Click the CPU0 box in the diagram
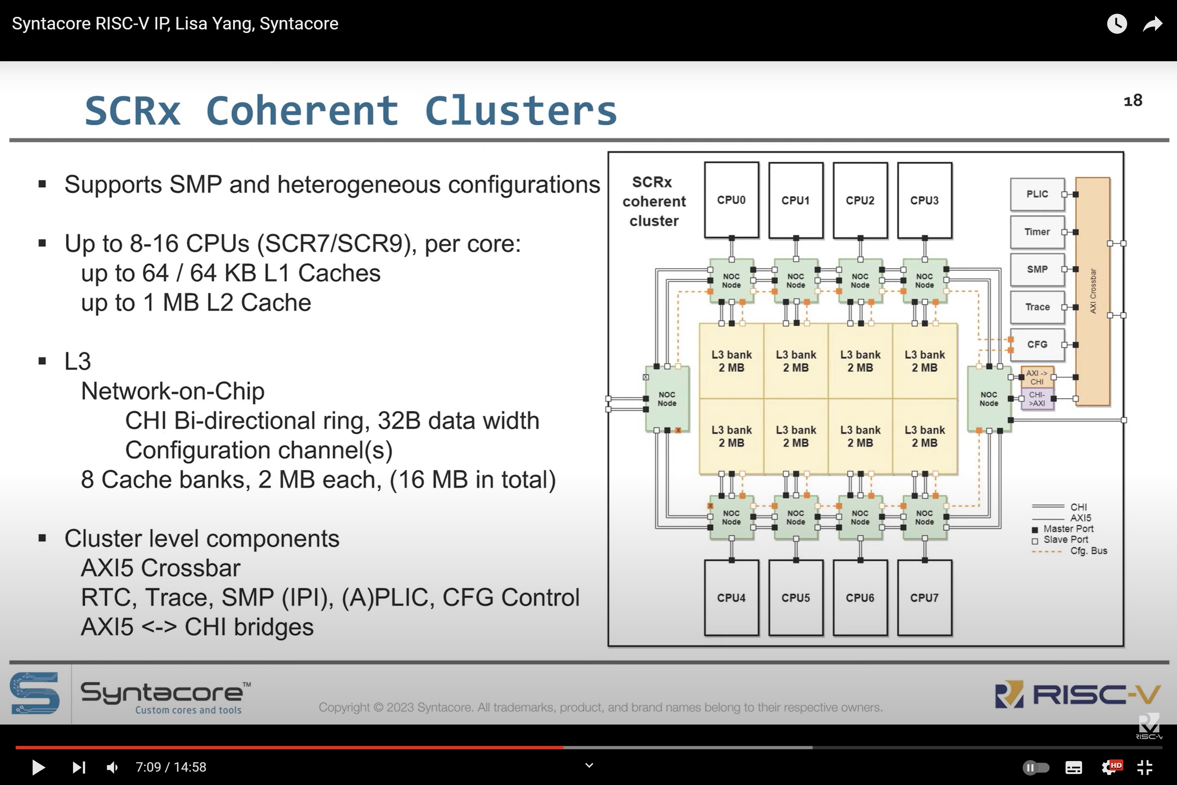click(x=731, y=200)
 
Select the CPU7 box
click(x=924, y=597)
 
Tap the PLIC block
click(x=1037, y=194)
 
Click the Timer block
click(x=1037, y=232)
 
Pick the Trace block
click(x=1037, y=307)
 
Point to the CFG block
click(x=1037, y=345)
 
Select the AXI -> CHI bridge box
click(x=1037, y=377)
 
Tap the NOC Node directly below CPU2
click(x=860, y=281)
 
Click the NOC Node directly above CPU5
click(x=796, y=518)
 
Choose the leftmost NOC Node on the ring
click(x=667, y=399)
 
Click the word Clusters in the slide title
click(x=521, y=111)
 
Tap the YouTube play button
click(x=38, y=767)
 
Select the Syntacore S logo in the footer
click(x=35, y=694)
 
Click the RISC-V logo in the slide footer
click(x=1077, y=694)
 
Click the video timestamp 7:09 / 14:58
click(x=171, y=767)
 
